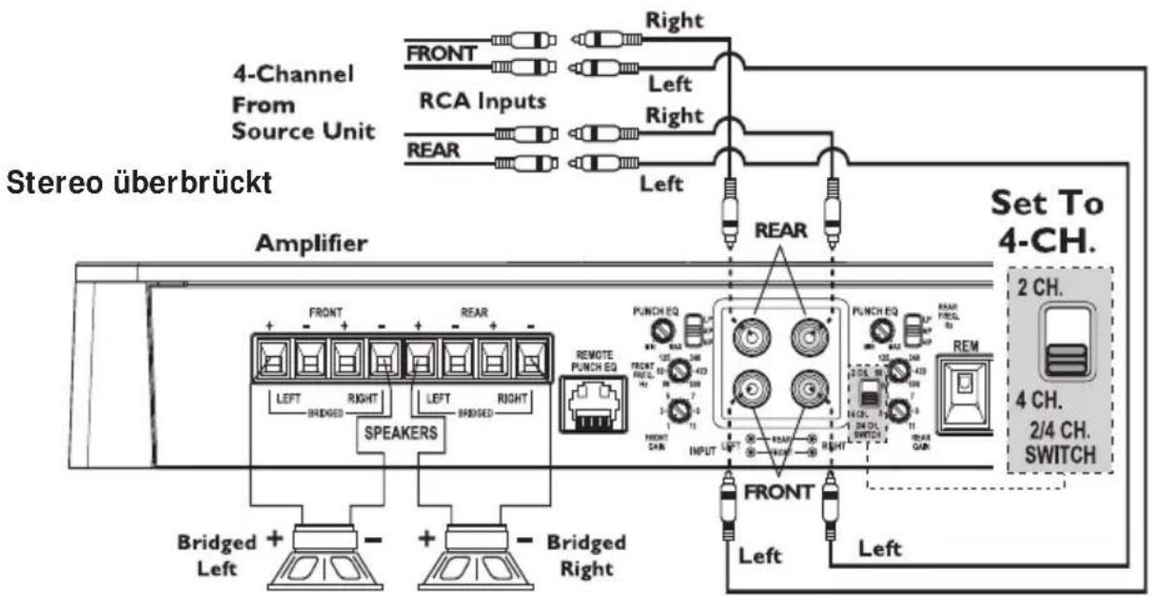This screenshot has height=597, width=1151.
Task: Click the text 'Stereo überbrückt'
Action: (x=140, y=183)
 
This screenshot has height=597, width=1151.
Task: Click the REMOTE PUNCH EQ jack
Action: (x=592, y=404)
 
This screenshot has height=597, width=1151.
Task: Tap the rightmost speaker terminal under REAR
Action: (x=532, y=358)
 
